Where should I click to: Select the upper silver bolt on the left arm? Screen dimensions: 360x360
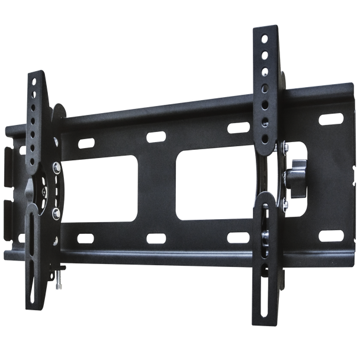point(55,168)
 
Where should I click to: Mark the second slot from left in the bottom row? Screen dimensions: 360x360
point(156,238)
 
